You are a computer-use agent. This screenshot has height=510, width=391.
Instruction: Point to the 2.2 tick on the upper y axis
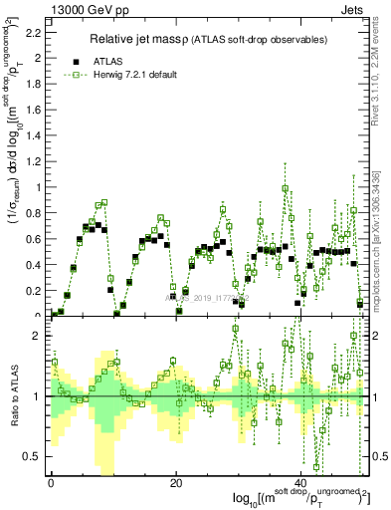click(x=36, y=32)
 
